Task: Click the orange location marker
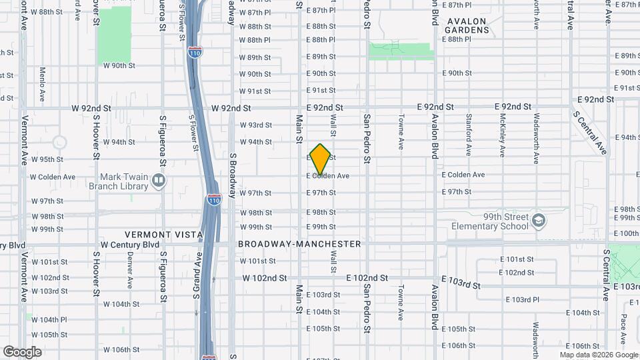(x=320, y=159)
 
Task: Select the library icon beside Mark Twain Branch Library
(x=159, y=181)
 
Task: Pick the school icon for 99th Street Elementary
(x=539, y=219)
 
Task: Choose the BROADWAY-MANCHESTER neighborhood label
(x=300, y=244)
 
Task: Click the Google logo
(x=22, y=351)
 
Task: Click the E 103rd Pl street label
(x=523, y=299)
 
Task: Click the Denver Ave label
(x=130, y=273)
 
